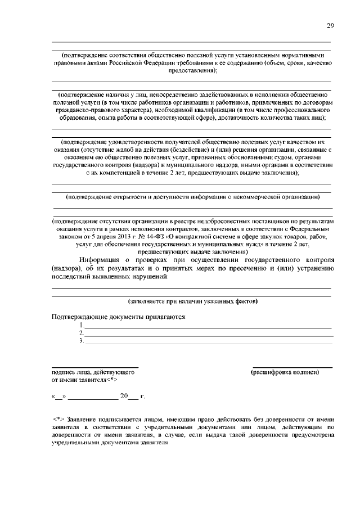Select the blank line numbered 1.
click(x=208, y=327)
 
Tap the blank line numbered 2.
click(x=208, y=335)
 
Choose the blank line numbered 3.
click(x=208, y=343)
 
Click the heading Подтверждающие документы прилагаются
click(x=119, y=317)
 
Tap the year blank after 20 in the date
click(x=133, y=397)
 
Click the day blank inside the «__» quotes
click(x=59, y=397)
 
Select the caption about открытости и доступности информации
click(x=192, y=197)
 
